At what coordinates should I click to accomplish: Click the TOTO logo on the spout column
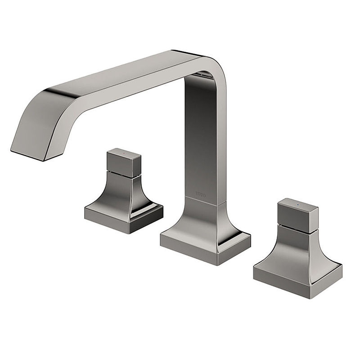[201, 194]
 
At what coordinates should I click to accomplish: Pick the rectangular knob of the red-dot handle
[124, 162]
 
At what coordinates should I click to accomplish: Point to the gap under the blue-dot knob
[297, 228]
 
